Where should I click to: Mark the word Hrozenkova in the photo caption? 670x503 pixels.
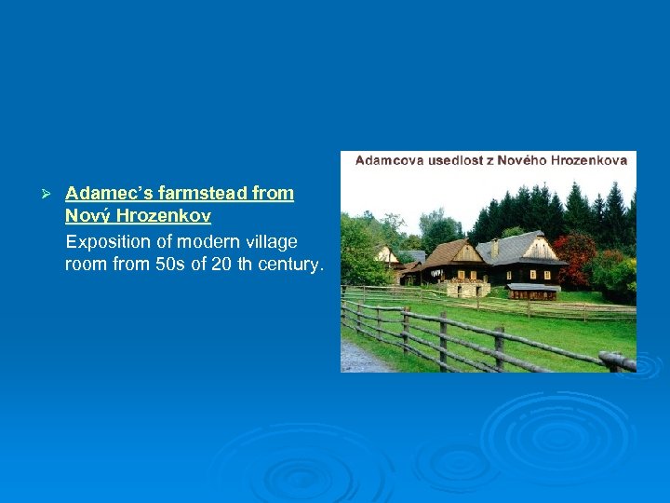pyautogui.click(x=588, y=160)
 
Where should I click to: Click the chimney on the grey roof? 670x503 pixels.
pyautogui.click(x=495, y=246)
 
